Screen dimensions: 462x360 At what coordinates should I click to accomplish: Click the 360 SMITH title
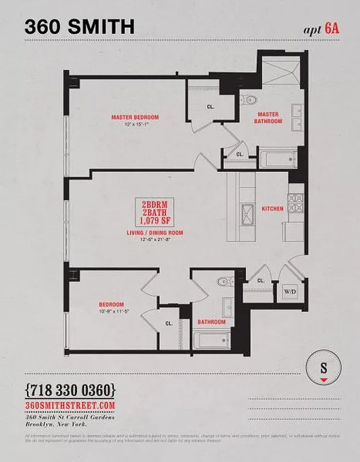80,26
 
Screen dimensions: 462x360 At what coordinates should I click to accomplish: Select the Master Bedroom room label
135,117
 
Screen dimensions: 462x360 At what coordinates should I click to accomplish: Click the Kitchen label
272,208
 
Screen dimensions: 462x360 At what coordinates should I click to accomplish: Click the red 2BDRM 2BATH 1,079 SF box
154,213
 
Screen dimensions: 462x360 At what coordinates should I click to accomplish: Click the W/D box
289,292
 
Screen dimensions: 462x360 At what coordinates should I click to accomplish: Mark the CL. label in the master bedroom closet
210,107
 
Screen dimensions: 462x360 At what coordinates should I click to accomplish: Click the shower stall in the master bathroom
279,72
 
